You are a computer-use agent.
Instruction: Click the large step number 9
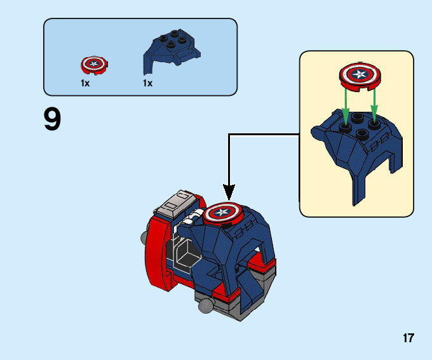pos(53,120)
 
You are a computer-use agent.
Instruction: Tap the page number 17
pos(408,338)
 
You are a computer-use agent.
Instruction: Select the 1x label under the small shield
pos(85,83)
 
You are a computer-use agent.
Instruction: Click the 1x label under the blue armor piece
pos(147,83)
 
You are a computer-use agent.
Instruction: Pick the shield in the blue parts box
pos(94,64)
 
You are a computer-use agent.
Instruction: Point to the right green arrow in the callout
pos(374,103)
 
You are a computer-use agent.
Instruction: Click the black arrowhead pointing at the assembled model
pos(229,192)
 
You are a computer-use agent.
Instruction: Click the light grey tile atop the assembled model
pos(177,201)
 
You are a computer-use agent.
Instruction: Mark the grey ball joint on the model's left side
pos(144,237)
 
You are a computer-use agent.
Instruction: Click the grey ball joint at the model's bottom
pos(206,306)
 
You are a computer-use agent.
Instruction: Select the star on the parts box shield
pos(94,63)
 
